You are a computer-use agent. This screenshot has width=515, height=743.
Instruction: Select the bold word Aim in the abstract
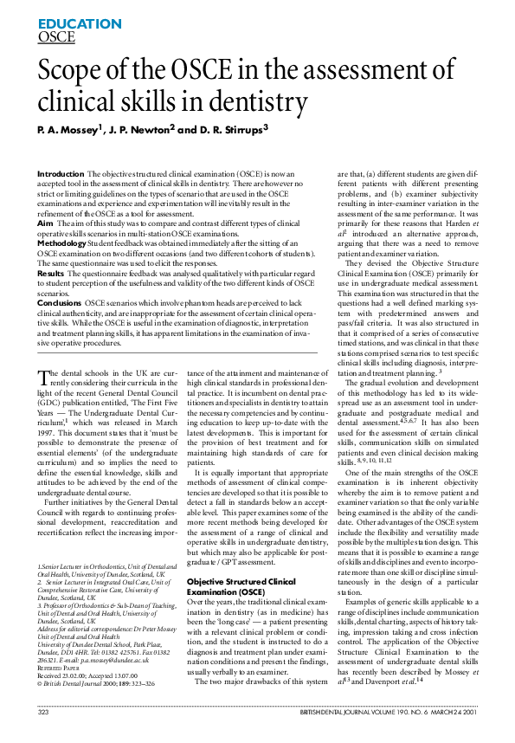coord(45,223)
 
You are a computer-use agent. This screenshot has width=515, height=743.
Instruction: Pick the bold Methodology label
coord(64,244)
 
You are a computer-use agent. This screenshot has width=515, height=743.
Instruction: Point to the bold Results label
coord(51,273)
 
